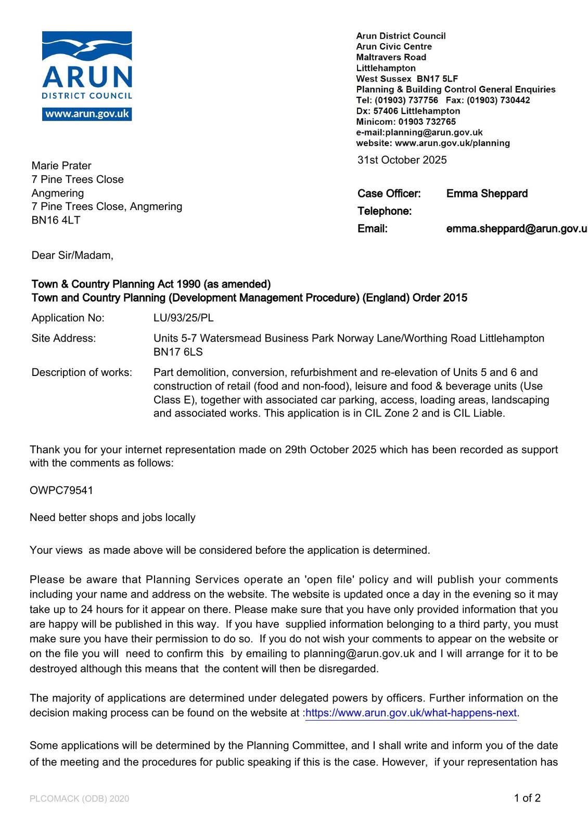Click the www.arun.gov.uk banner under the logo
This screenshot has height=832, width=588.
pos(87,114)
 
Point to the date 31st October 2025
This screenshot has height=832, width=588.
pos(402,160)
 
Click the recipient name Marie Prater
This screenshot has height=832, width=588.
pos(61,166)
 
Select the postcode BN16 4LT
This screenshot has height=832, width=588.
pos(56,220)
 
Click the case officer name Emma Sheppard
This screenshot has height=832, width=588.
pos(487,194)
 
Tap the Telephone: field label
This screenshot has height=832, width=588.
pos(384,211)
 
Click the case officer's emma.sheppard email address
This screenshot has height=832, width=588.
pos(516,229)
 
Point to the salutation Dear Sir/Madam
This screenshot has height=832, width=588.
pos(72,255)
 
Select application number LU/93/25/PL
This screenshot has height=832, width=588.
pos(183,318)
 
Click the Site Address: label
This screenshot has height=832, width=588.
pos(63,339)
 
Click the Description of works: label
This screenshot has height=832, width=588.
pos(82,373)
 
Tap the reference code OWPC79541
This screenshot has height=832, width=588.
pos(61,490)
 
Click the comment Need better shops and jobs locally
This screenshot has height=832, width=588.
pos(112,517)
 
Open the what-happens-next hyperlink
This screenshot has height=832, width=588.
pos(411,713)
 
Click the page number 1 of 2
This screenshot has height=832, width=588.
pos(527,798)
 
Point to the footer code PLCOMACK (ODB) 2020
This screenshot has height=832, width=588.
pos(79,799)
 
